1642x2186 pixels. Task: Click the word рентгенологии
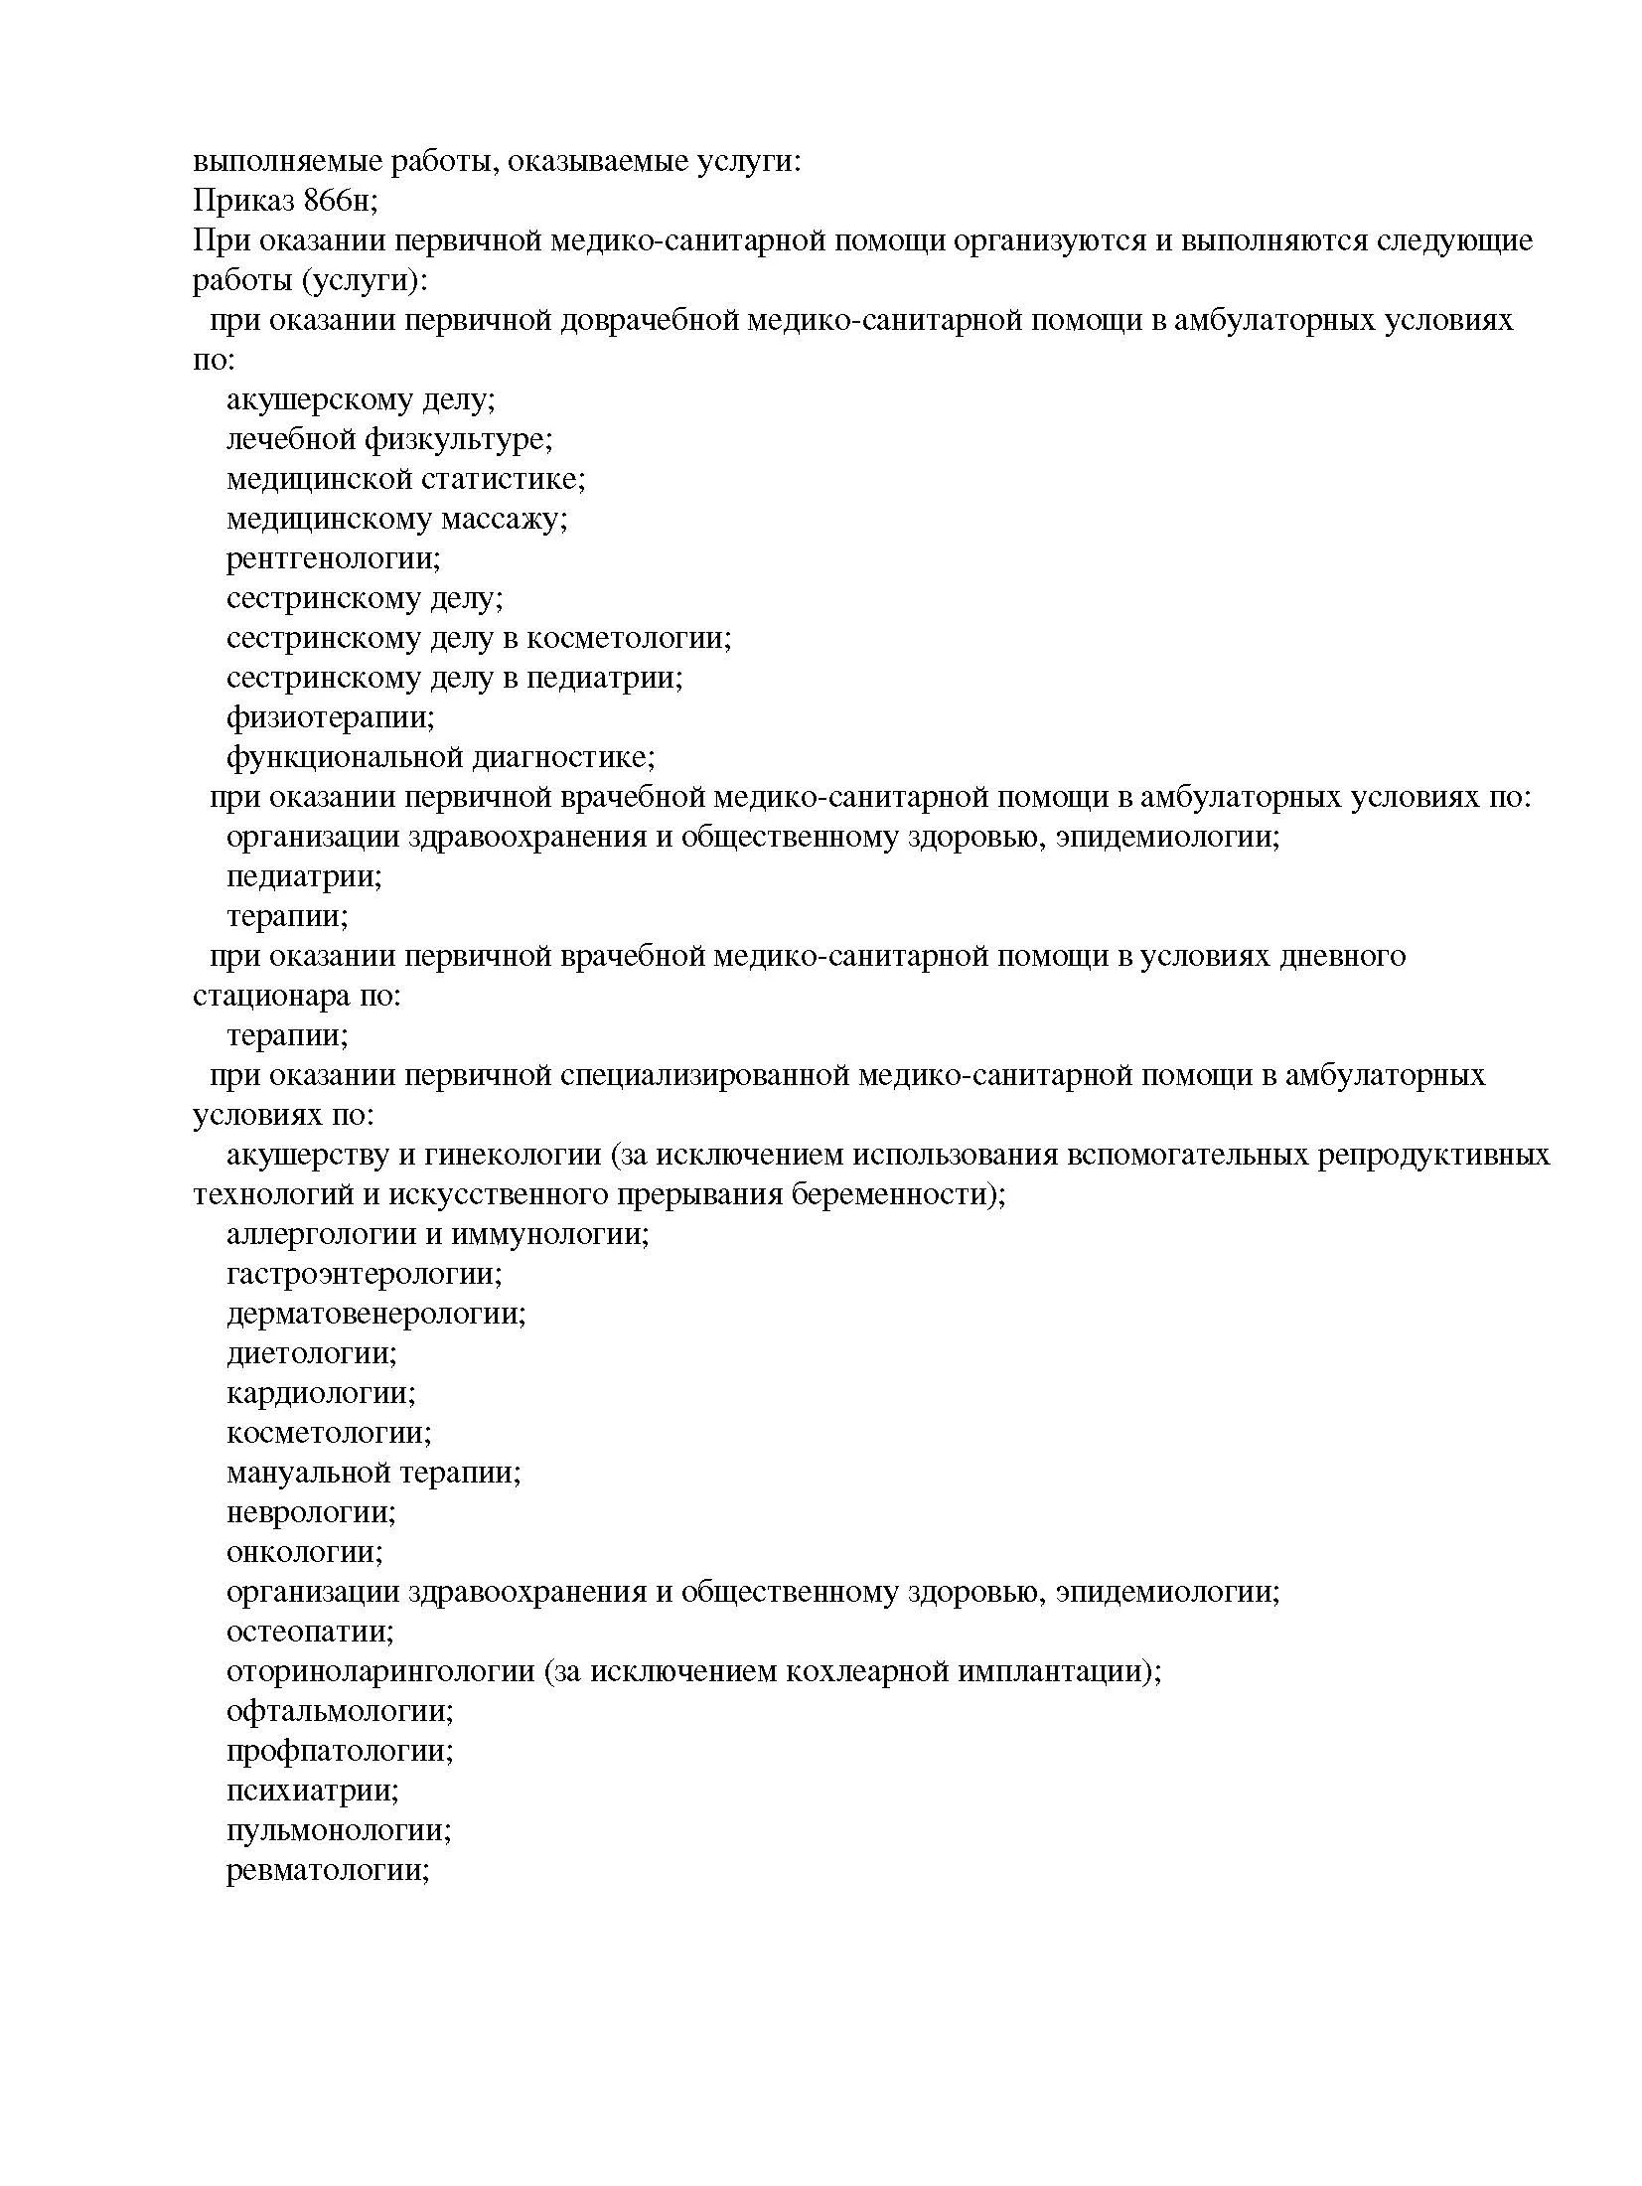tap(333, 558)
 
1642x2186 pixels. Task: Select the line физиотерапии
tap(330, 717)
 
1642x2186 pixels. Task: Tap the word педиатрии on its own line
tap(304, 876)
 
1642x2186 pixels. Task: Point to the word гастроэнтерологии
tap(364, 1274)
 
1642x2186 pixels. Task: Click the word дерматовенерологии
tap(375, 1314)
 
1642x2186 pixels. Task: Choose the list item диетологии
tap(311, 1353)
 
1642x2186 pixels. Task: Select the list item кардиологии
tap(321, 1393)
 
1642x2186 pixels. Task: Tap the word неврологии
tap(311, 1512)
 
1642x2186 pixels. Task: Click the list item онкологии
tap(304, 1552)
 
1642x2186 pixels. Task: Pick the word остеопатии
tap(310, 1632)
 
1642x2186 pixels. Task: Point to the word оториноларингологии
tap(380, 1671)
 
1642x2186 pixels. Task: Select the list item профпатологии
tap(340, 1751)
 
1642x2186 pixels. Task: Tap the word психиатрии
tap(312, 1791)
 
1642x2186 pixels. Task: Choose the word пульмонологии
tap(339, 1830)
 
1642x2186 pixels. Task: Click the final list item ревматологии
tap(327, 1870)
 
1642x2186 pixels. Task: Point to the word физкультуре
tap(459, 439)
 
